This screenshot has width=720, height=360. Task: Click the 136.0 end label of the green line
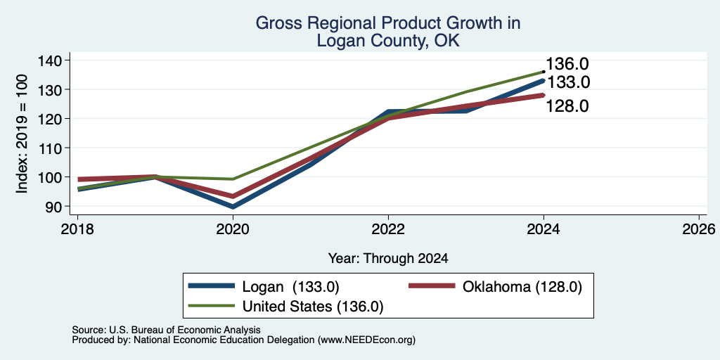[567, 64]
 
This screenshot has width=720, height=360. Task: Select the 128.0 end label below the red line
[567, 107]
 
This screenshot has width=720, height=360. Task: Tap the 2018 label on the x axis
[77, 229]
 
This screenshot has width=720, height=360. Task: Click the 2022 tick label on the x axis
[388, 229]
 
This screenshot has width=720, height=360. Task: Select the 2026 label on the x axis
[699, 229]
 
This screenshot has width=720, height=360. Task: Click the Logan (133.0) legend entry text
[290, 287]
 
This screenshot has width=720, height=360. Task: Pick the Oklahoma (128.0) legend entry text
[522, 287]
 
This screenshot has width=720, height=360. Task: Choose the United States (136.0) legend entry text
[313, 307]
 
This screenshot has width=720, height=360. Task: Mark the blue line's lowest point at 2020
[233, 207]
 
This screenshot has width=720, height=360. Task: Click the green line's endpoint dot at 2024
[544, 72]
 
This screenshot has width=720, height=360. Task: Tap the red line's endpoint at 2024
[544, 96]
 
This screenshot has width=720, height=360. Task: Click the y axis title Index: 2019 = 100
[21, 134]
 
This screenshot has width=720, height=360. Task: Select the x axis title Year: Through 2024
[388, 259]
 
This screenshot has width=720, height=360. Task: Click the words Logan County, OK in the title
[388, 41]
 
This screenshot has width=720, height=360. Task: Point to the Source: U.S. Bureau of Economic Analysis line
[166, 330]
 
